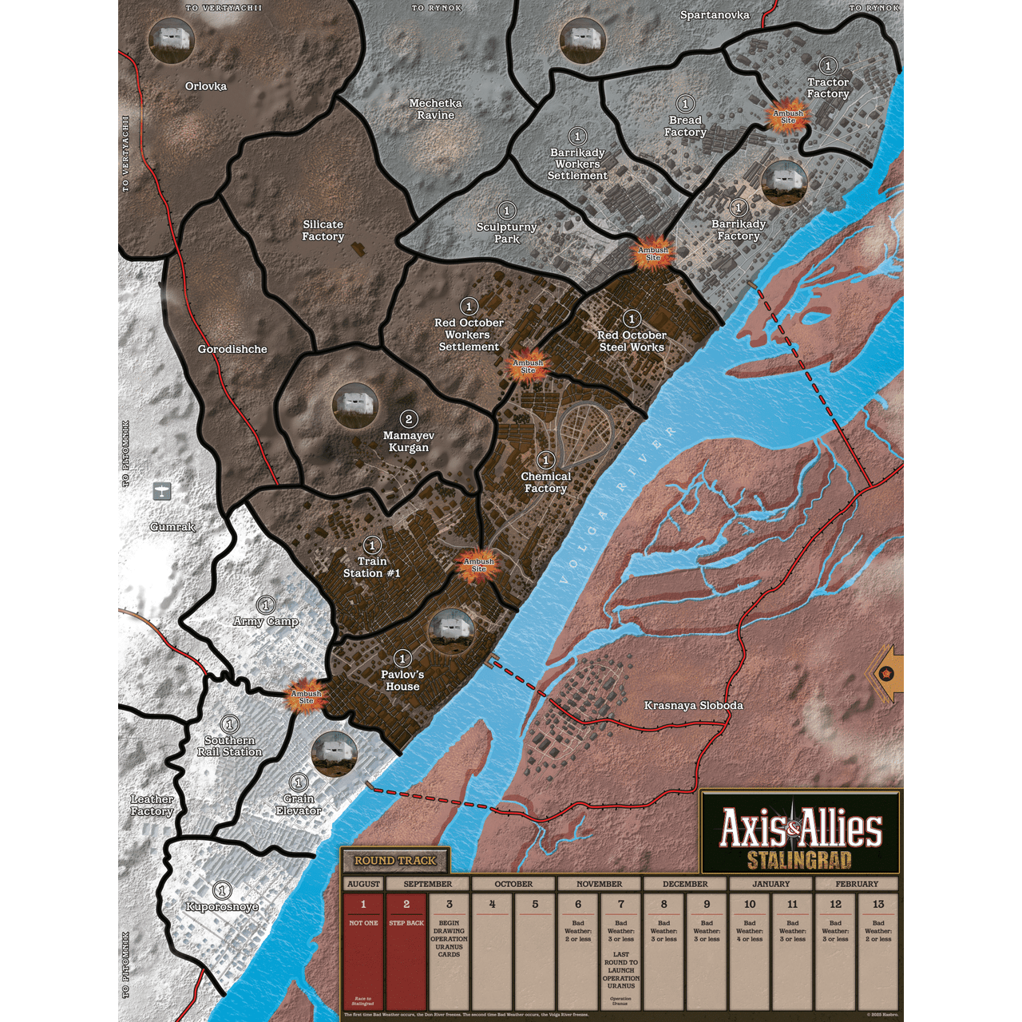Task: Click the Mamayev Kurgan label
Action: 409,442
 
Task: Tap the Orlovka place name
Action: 206,86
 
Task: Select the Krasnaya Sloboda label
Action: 693,705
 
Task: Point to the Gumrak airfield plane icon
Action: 162,491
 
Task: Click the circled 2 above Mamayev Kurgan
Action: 409,419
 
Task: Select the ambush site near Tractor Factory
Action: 788,117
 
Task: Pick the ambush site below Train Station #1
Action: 479,564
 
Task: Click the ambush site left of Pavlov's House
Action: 306,696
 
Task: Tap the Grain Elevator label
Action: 299,805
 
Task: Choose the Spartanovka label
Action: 715,15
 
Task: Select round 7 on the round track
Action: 621,905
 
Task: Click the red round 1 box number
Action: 363,905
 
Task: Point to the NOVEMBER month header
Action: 599,884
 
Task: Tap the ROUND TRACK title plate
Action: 395,861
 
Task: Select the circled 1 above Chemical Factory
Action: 546,460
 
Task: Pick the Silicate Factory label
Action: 323,231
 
